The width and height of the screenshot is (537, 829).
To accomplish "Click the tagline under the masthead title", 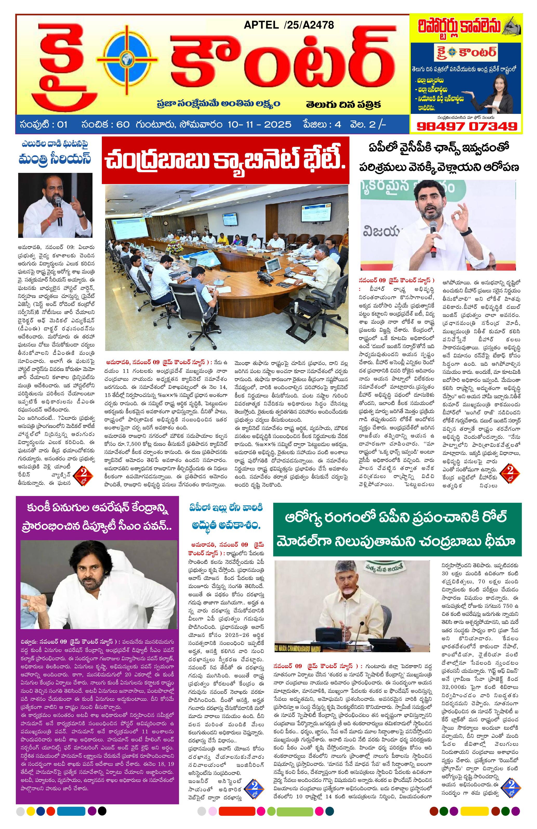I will pos(218,104).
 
